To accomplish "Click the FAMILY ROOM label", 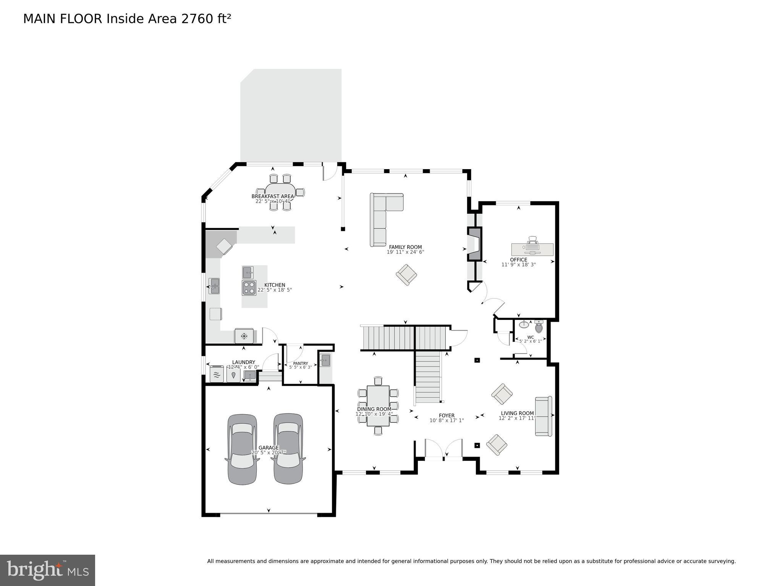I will pos(405,247).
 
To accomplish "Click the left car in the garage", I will pos(242,449).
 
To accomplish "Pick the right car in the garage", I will pos(288,449).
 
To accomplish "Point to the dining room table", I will pos(378,406).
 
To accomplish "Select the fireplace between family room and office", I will pos(475,244).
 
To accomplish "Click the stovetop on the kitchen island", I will pos(249,287).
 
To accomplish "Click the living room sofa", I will pos(543,416).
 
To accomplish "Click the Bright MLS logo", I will pos(47,570).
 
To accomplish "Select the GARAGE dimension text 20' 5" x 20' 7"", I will pos(269,452).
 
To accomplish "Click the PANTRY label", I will pos(300,363).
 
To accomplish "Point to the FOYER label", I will pos(447,415).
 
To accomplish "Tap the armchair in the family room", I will pos(406,274).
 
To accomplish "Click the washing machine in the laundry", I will pos(217,374).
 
